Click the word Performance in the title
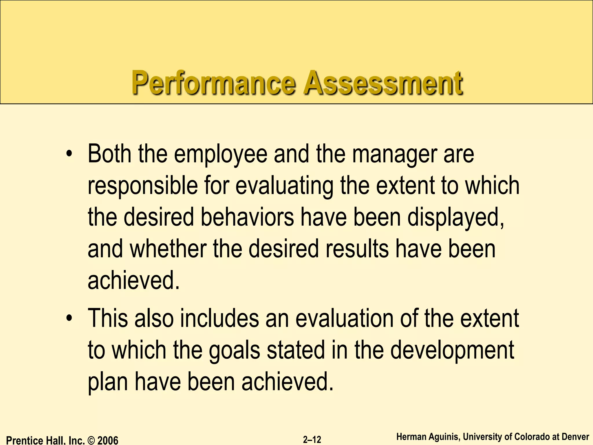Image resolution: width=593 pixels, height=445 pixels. point(214,83)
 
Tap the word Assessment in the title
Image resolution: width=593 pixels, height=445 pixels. point(383,83)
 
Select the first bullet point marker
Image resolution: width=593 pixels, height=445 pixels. point(69,154)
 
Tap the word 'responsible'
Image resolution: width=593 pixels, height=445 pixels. point(142,186)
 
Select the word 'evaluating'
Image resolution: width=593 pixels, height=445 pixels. point(284,186)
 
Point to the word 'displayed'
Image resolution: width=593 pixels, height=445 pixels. point(455,218)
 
